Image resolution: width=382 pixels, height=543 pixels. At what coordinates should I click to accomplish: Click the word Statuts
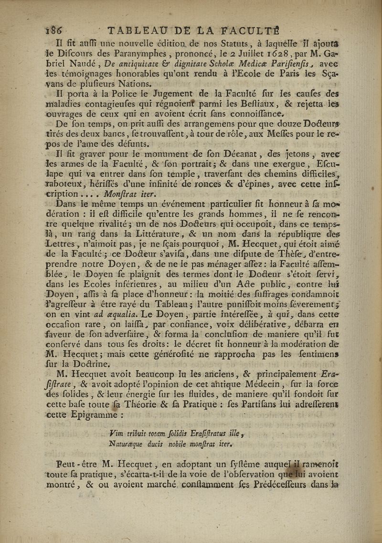(255, 43)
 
